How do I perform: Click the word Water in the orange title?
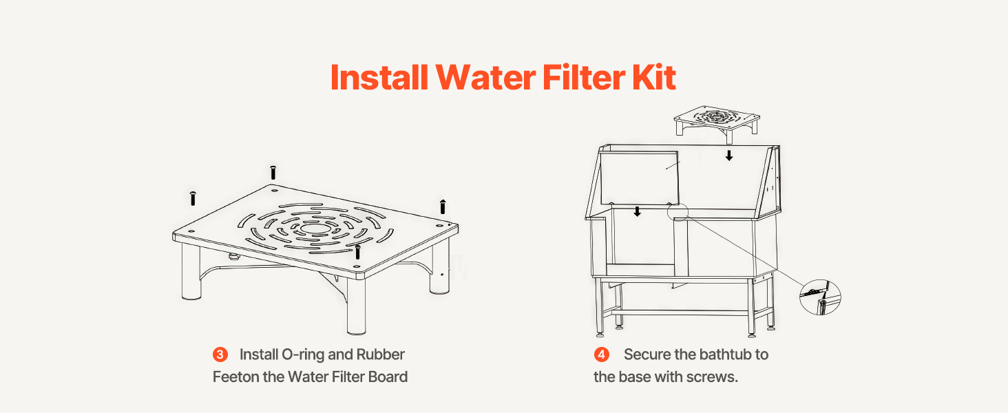[485, 77]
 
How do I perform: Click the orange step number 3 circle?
[220, 354]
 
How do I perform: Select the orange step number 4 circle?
[601, 354]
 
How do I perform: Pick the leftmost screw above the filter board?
[193, 198]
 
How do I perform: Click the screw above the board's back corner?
[273, 172]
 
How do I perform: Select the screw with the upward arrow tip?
[443, 206]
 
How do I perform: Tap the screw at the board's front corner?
[358, 253]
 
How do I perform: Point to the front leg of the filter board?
[356, 306]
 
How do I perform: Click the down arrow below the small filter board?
[729, 156]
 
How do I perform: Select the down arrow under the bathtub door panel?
[637, 211]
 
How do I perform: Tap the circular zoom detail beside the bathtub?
[820, 297]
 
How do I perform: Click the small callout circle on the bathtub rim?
[678, 211]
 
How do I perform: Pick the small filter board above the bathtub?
[717, 120]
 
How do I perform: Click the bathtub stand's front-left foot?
[600, 335]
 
